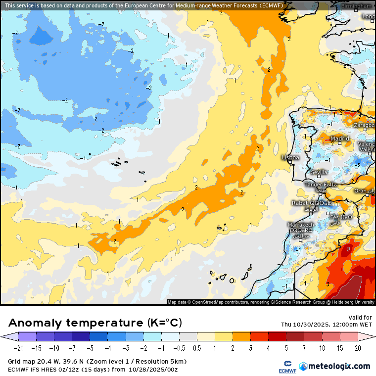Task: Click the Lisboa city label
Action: [290, 157]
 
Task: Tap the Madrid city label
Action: [340, 139]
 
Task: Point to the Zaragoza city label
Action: [364, 125]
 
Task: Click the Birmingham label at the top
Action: [356, 6]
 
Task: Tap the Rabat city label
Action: [300, 203]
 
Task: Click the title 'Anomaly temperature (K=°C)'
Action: [95, 323]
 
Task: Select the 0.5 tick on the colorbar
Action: [197, 348]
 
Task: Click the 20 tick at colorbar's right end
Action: [357, 348]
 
